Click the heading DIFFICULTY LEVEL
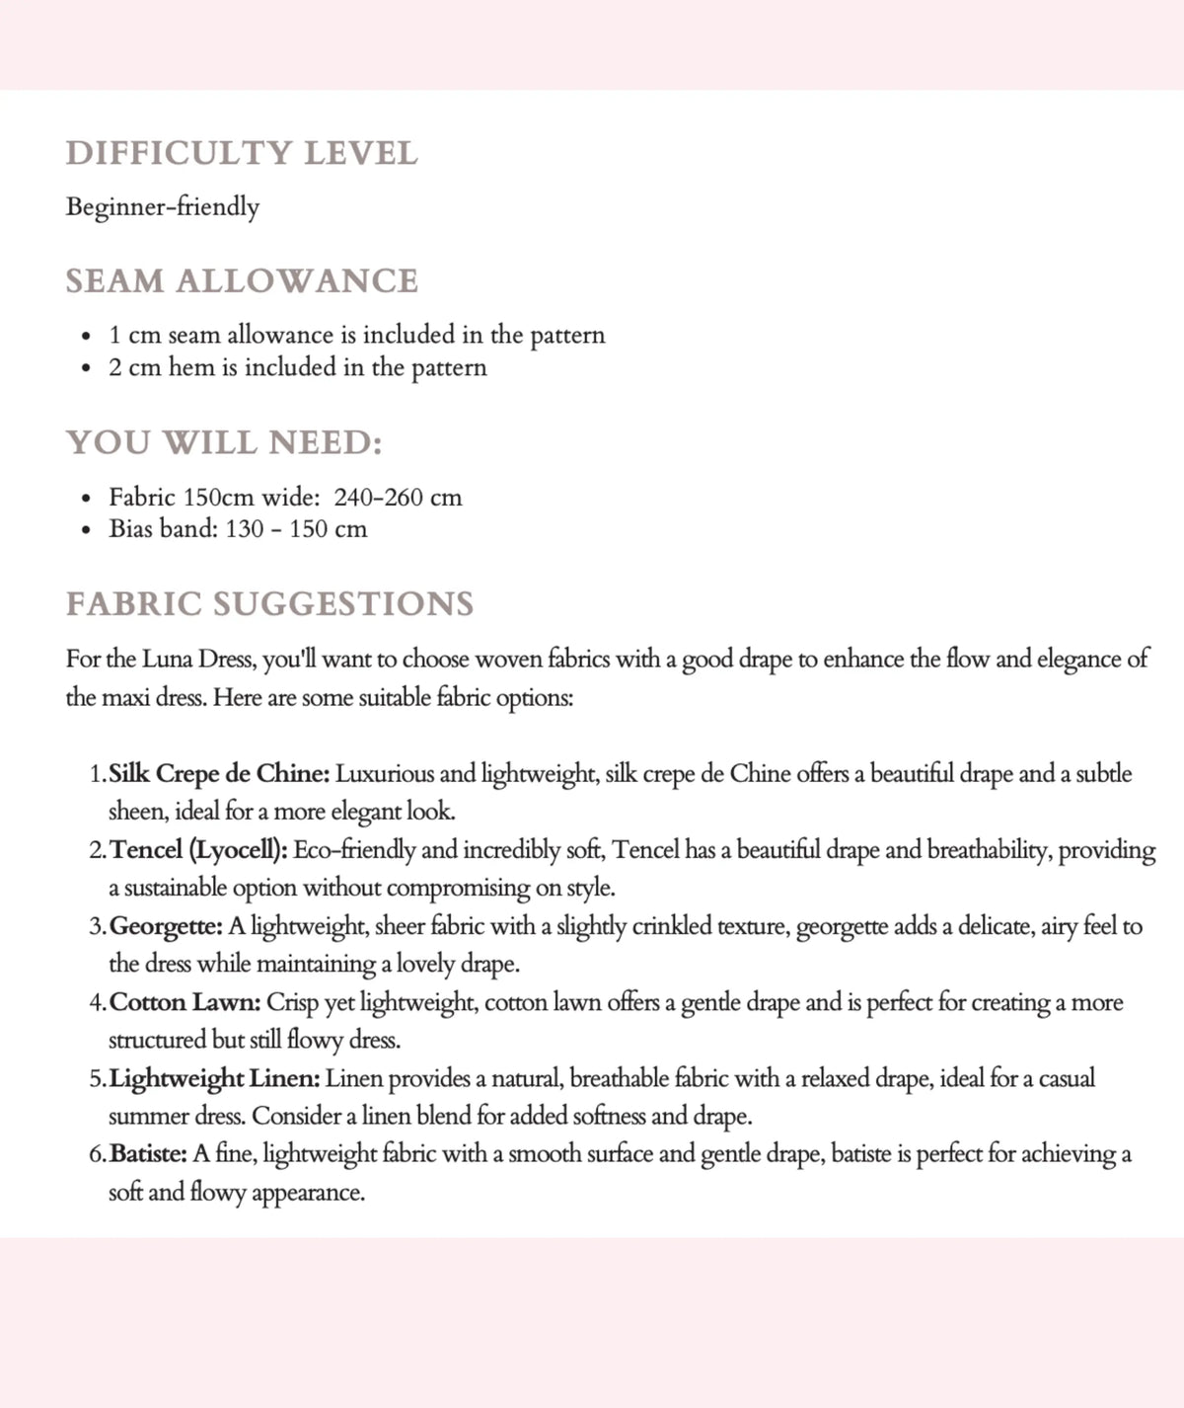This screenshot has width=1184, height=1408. pyautogui.click(x=242, y=153)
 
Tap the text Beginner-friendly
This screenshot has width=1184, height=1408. pyautogui.click(x=163, y=207)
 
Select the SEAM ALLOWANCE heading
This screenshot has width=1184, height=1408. pyautogui.click(x=242, y=281)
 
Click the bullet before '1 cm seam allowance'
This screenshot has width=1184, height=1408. pyautogui.click(x=88, y=336)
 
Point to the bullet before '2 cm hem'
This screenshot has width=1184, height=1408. pyautogui.click(x=88, y=368)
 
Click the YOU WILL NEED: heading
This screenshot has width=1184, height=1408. pyautogui.click(x=224, y=442)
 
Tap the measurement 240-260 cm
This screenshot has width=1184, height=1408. pyautogui.click(x=398, y=497)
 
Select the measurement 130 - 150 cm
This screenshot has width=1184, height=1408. pyautogui.click(x=296, y=529)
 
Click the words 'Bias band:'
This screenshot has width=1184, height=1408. pyautogui.click(x=164, y=529)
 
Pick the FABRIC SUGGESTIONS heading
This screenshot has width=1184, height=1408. pyautogui.click(x=269, y=603)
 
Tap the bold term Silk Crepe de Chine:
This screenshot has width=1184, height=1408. pyautogui.click(x=219, y=773)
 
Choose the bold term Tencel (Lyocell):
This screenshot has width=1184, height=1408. pyautogui.click(x=198, y=850)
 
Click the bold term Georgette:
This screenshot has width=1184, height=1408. pyautogui.click(x=167, y=926)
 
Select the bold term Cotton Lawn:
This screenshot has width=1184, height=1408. pyautogui.click(x=185, y=1002)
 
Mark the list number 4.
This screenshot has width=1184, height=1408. pyautogui.click(x=96, y=1003)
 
